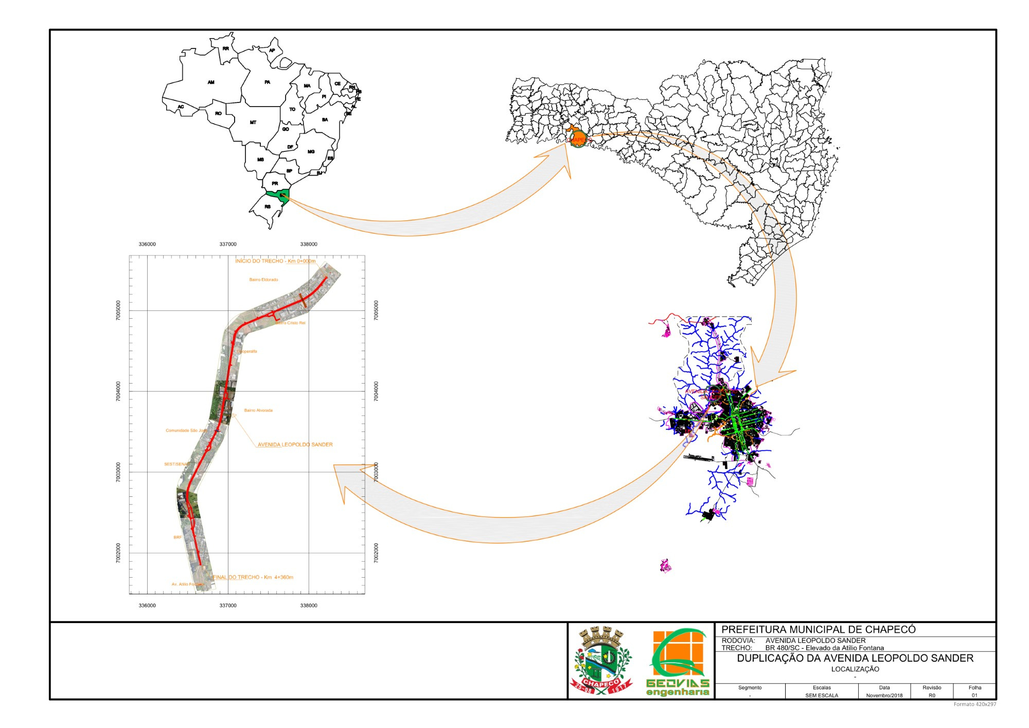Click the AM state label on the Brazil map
tap(211, 82)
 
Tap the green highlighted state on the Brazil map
tap(276, 195)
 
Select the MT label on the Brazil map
tap(253, 123)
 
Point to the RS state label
tap(268, 207)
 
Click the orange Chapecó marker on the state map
tap(577, 139)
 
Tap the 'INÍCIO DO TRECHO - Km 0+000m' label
tap(275, 261)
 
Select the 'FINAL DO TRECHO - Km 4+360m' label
tap(253, 577)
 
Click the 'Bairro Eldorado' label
tap(263, 280)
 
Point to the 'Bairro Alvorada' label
tap(258, 410)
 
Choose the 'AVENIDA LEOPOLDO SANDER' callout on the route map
tap(295, 444)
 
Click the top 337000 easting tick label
tap(228, 244)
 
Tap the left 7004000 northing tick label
tap(118, 391)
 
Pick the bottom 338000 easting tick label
tap(309, 605)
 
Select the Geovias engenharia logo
tap(678, 662)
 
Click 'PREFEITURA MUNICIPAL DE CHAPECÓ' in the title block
tap(819, 629)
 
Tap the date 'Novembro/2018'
tap(884, 696)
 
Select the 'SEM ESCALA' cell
tap(822, 696)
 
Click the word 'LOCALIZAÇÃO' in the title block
tap(855, 669)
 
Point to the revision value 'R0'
tap(932, 696)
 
